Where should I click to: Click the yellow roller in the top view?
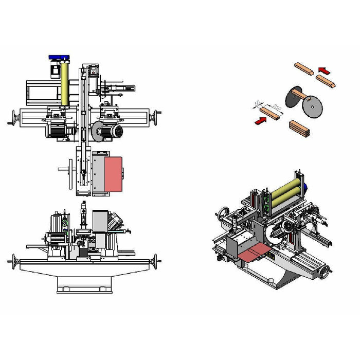pos(65,83)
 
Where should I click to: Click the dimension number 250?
pos(276,108)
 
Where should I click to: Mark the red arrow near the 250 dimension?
pos(261,121)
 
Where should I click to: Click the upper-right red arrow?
pos(322,69)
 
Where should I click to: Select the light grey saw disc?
pos(311,107)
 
